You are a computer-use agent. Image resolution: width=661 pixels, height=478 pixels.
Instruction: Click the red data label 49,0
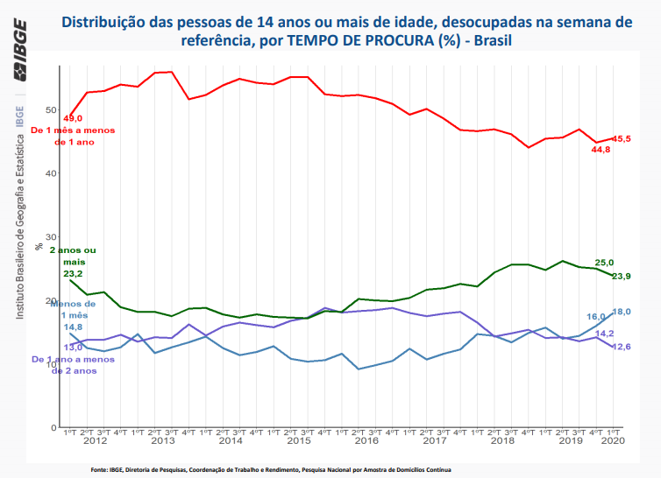[x=73, y=118]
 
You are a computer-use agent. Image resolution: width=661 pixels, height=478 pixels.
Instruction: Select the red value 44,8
[x=601, y=150]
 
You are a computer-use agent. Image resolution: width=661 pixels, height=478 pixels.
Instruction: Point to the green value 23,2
[x=73, y=274]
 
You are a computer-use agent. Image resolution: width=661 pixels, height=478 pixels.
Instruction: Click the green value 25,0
[x=605, y=263]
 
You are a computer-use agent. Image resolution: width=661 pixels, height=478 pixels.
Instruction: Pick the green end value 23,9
[x=622, y=277]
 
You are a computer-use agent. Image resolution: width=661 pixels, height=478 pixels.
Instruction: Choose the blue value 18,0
[x=622, y=312]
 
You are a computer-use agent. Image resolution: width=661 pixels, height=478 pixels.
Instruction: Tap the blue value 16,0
[x=596, y=317]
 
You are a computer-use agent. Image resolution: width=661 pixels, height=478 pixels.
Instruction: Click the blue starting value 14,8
[x=74, y=327]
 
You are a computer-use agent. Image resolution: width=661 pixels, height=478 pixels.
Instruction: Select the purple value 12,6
[x=622, y=347]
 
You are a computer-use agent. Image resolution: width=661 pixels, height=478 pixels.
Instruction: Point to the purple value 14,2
[x=605, y=334]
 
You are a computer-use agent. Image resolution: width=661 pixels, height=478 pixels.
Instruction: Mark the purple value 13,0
[x=74, y=348]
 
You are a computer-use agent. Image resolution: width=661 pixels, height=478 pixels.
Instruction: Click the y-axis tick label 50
[x=50, y=110]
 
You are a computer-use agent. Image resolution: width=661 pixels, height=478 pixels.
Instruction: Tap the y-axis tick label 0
[x=53, y=427]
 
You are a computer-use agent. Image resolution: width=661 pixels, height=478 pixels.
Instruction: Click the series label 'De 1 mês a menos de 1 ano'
[x=73, y=136]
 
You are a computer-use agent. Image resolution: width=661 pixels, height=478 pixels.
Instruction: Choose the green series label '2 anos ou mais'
[x=74, y=256]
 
